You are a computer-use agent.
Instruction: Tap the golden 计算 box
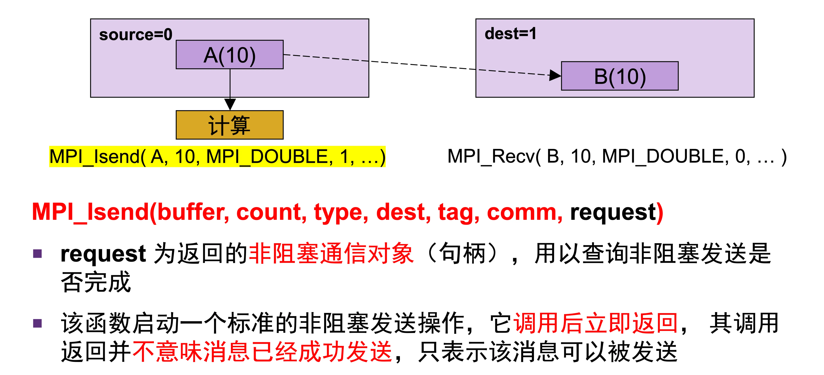(230, 125)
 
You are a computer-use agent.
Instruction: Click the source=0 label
(136, 34)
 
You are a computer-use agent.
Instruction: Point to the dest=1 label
(511, 34)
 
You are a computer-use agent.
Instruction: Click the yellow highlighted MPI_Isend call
(217, 156)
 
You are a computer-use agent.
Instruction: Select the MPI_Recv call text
(617, 156)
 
